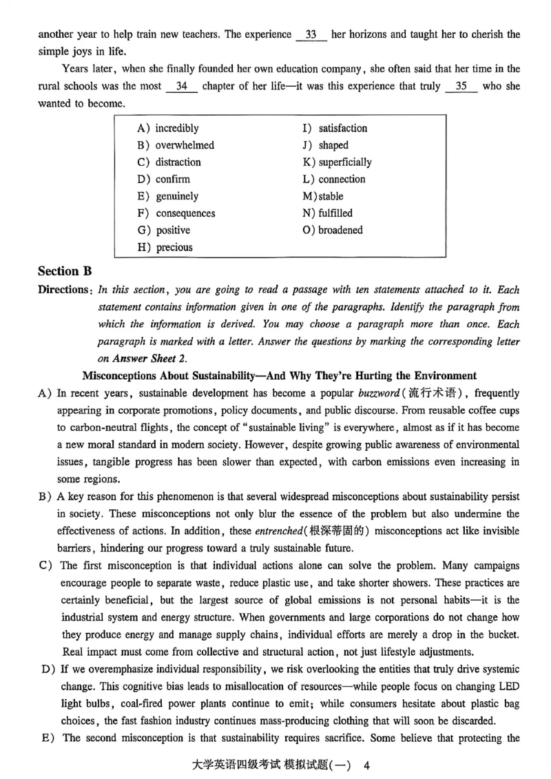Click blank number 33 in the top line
pyautogui.click(x=311, y=34)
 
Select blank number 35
pyautogui.click(x=461, y=86)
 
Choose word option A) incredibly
pyautogui.click(x=168, y=128)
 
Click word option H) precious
pyautogui.click(x=165, y=247)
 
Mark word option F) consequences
pyautogui.click(x=176, y=213)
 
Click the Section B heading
pyautogui.click(x=65, y=271)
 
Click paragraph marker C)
pyautogui.click(x=46, y=566)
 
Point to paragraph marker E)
pyautogui.click(x=46, y=738)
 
